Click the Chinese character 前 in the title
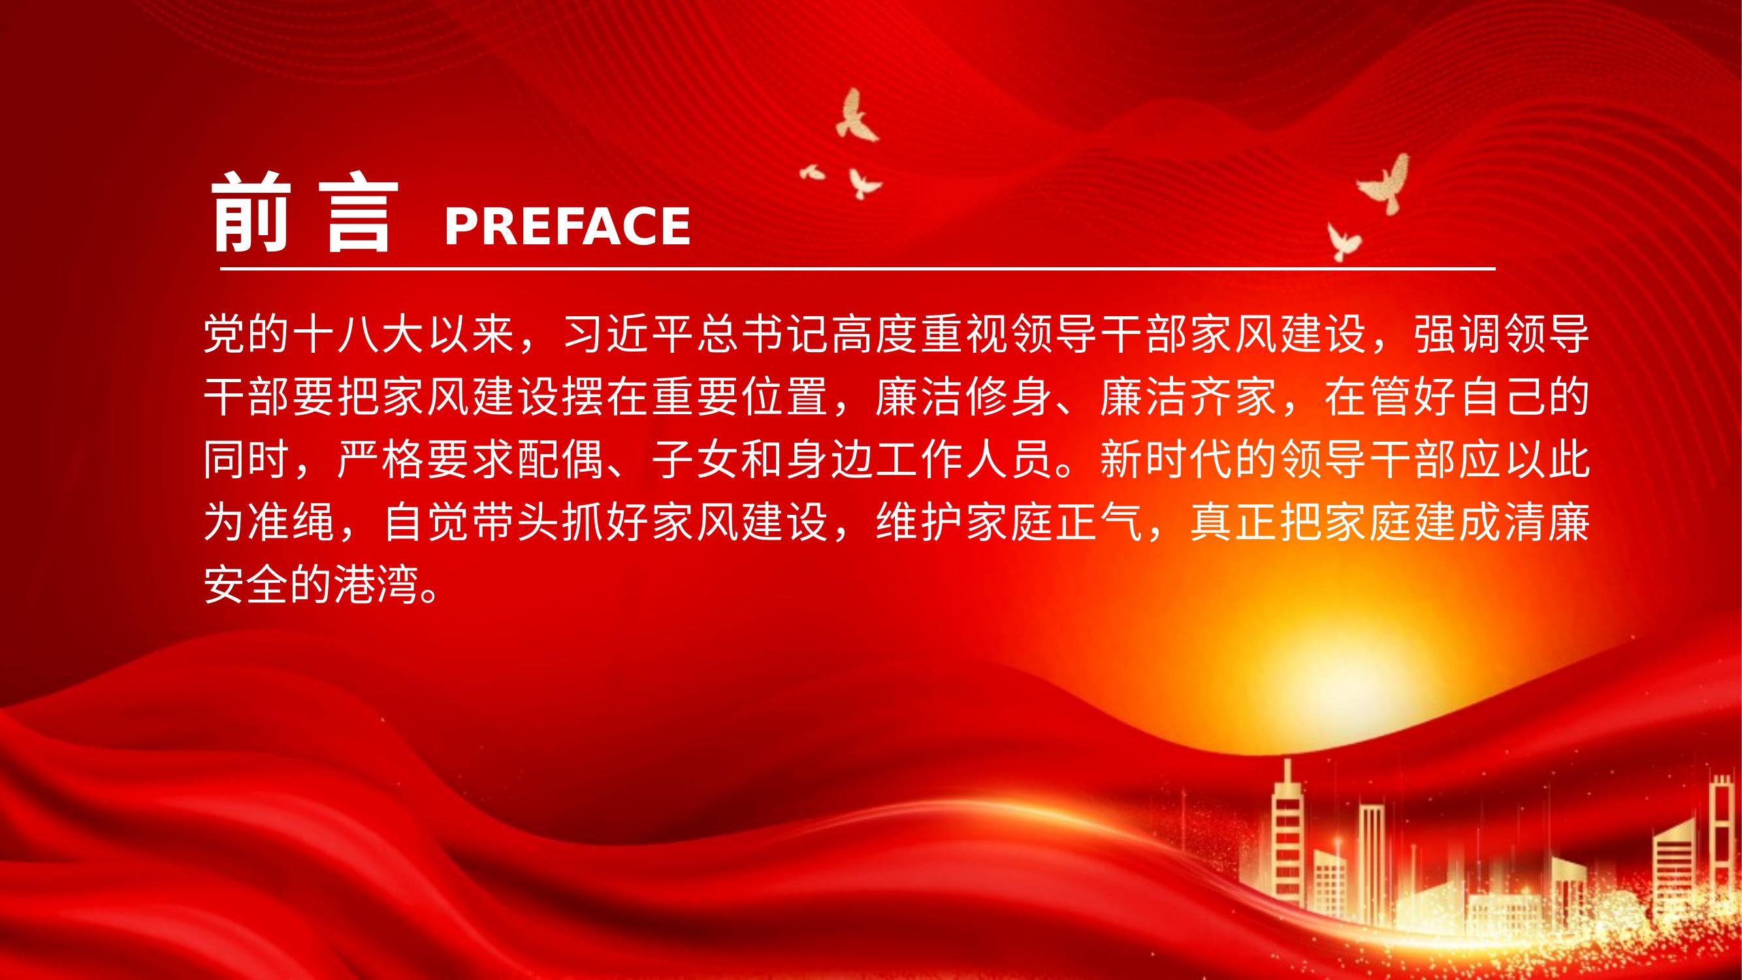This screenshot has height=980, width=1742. point(251,212)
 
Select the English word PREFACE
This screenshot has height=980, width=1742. point(568,226)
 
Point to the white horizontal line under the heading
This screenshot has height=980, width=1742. point(858,269)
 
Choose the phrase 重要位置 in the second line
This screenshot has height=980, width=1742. point(741,397)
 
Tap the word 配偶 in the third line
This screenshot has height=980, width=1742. point(561,459)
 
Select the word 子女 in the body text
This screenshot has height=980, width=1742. point(696,459)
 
